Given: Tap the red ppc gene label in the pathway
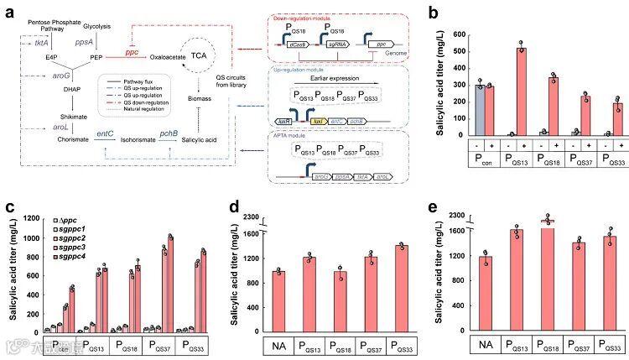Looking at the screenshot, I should click(x=133, y=52).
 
